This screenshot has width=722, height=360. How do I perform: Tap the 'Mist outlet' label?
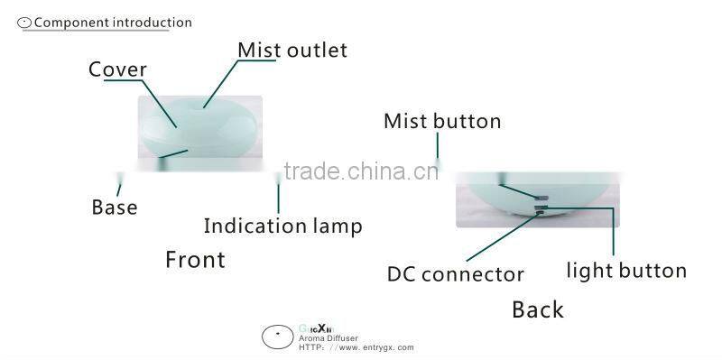click(292, 51)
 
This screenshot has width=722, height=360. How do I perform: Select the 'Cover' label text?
click(117, 70)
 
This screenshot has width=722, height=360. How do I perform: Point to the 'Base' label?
click(115, 208)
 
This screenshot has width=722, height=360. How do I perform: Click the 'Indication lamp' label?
click(282, 226)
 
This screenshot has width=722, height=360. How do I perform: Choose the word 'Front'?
click(195, 260)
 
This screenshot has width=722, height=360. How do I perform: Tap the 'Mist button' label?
click(442, 121)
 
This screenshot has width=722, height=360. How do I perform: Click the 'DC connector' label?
click(455, 273)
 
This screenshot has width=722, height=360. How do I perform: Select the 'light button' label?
click(626, 270)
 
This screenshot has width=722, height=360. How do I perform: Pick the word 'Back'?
click(537, 309)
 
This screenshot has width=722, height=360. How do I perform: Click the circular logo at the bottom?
click(276, 337)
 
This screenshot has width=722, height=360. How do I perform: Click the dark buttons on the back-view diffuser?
click(541, 203)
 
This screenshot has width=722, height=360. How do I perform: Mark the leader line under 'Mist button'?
click(439, 149)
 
